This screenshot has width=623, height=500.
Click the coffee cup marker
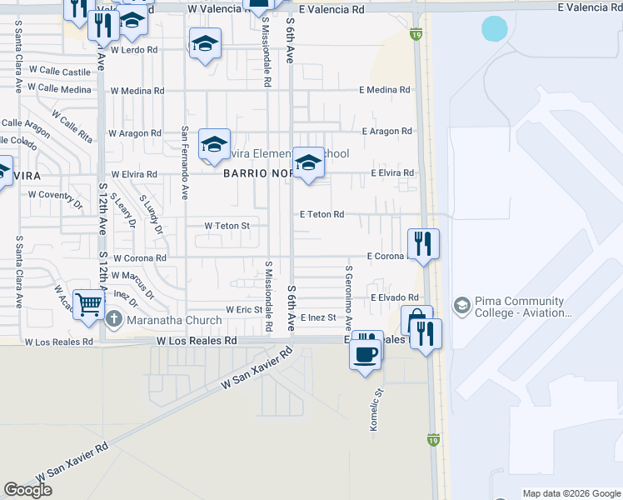pyautogui.click(x=366, y=353)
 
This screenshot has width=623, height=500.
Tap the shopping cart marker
pyautogui.click(x=88, y=303)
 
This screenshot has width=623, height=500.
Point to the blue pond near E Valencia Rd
pyautogui.click(x=494, y=29)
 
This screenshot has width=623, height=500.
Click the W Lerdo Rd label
pyautogui.click(x=133, y=50)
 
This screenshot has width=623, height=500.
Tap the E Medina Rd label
pyautogui.click(x=385, y=90)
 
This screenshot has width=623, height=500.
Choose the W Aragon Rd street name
pyautogui.click(x=135, y=133)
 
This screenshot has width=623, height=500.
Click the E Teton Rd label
pyautogui.click(x=321, y=215)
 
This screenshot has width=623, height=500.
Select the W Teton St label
pyautogui.click(x=227, y=226)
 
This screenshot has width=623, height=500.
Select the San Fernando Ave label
pyautogui.click(x=185, y=163)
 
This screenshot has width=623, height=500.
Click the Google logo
pyautogui.click(x=27, y=490)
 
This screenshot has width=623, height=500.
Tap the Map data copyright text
pyautogui.click(x=571, y=493)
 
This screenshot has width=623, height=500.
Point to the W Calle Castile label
pyautogui.click(x=59, y=72)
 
